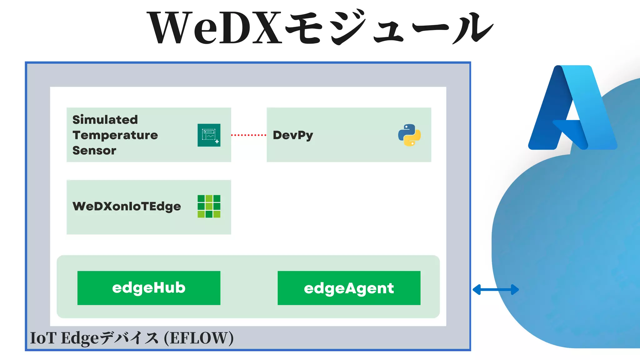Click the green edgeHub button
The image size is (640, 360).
[149, 288]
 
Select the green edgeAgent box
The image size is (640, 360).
[349, 288]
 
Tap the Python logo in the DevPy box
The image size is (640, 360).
[409, 135]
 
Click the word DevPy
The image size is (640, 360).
[293, 135]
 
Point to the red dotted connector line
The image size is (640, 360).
[249, 135]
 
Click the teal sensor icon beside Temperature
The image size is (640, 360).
[209, 135]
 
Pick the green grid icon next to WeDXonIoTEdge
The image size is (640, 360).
[209, 206]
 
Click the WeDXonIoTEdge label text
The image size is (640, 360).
[127, 206]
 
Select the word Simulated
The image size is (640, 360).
[105, 120]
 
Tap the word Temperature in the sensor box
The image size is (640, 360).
[115, 135]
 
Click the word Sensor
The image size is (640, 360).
[94, 150]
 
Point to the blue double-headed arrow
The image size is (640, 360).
[496, 290]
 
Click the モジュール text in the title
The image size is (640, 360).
[389, 28]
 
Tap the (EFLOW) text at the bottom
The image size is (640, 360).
[199, 338]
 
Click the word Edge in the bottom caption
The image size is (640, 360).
[80, 338]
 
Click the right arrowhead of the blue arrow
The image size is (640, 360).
[515, 290]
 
